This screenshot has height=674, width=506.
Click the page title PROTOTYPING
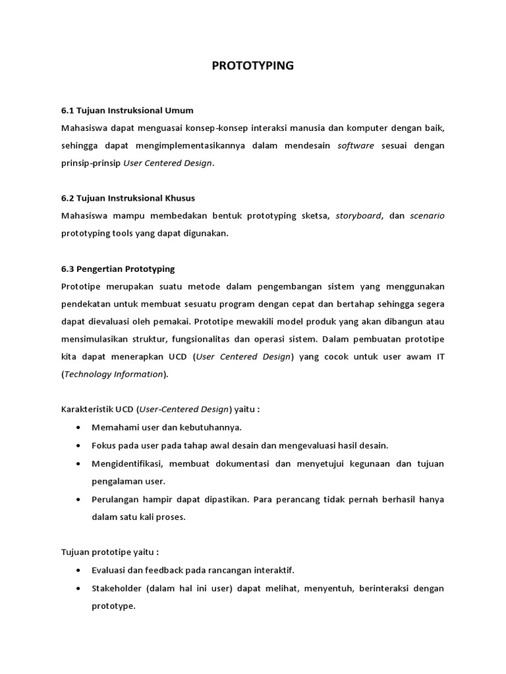click(253, 66)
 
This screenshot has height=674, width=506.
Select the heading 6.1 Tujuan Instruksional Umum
click(127, 110)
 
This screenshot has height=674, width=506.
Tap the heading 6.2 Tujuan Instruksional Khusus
click(128, 198)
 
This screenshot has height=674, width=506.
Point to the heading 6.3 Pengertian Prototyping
click(117, 269)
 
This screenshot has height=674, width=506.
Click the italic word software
click(356, 145)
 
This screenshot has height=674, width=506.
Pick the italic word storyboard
click(358, 216)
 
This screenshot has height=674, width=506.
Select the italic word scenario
click(427, 216)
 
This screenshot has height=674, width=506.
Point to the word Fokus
click(103, 446)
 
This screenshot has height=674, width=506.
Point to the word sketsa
click(315, 216)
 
